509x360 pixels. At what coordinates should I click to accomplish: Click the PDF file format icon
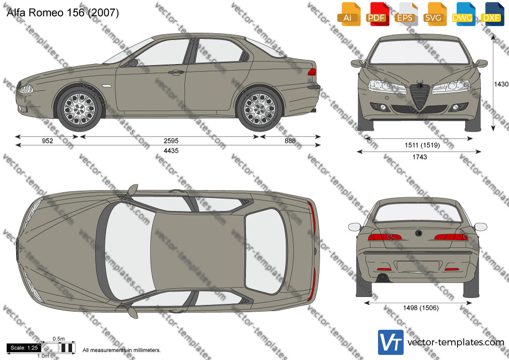(377, 14)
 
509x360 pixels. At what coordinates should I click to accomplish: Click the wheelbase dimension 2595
(171, 141)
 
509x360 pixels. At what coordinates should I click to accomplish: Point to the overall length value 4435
(171, 150)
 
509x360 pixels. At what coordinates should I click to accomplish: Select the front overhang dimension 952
(47, 141)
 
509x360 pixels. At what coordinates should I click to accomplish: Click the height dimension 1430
(501, 84)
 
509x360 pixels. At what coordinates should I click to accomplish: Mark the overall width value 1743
(419, 157)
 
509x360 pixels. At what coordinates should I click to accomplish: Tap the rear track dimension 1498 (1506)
(421, 308)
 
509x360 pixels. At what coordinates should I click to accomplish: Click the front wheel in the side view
(79, 109)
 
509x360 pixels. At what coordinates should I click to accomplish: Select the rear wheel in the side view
(260, 109)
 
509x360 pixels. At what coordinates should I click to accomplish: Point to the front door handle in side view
(176, 73)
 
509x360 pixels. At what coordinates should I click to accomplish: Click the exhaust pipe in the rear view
(382, 278)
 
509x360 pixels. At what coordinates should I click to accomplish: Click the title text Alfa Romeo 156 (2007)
(62, 13)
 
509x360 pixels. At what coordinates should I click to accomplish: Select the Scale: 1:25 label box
(24, 348)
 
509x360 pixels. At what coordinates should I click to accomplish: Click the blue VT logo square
(391, 342)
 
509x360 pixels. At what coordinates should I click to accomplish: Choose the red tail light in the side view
(311, 72)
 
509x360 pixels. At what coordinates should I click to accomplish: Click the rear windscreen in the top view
(266, 251)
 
